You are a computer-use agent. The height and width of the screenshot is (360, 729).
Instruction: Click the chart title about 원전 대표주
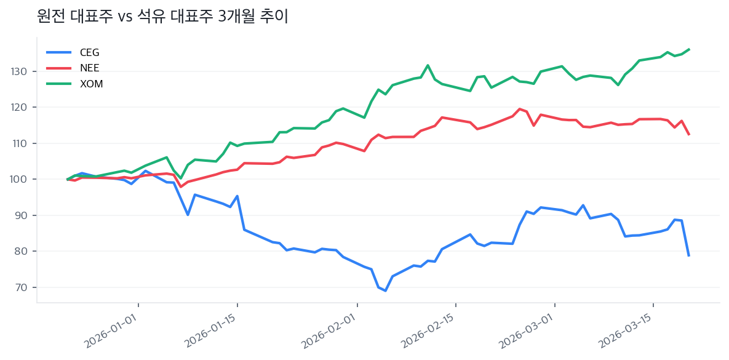tap(163, 17)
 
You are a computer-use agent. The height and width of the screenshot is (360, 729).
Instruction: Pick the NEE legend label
tap(89, 68)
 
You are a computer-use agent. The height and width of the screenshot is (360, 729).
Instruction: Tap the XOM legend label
tap(91, 84)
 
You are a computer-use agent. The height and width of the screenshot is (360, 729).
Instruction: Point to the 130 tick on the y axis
tap(20, 72)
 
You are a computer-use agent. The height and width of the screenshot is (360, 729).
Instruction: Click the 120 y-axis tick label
tap(20, 108)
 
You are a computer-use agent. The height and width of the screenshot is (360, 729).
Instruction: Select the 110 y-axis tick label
tap(20, 143)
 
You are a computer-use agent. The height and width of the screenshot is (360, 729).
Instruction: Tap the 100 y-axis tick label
tap(20, 180)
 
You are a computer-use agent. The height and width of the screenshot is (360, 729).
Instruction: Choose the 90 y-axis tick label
tap(22, 215)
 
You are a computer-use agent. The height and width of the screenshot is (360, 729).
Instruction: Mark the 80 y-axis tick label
tap(22, 252)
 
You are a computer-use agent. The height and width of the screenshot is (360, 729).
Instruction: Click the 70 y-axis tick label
tap(22, 287)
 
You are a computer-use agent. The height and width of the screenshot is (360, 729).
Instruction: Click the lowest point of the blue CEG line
tap(386, 290)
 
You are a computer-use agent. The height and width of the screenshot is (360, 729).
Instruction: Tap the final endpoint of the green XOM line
tap(689, 49)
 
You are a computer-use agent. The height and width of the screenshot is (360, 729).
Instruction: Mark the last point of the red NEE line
tap(689, 135)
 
